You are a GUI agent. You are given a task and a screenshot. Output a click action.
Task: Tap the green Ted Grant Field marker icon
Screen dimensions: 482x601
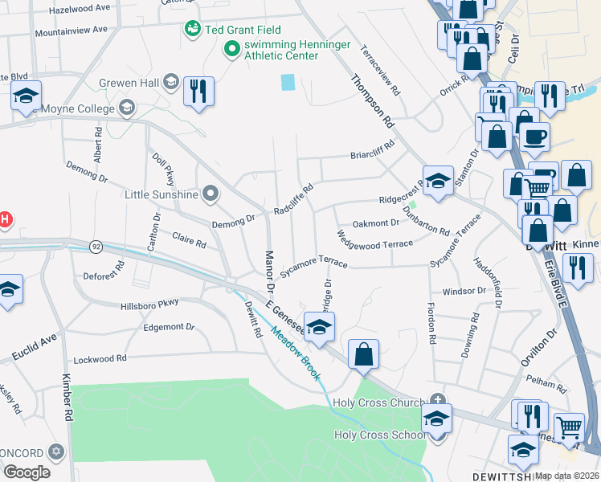[192, 30]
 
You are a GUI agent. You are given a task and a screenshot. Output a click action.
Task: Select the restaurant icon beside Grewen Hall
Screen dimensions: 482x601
[198, 91]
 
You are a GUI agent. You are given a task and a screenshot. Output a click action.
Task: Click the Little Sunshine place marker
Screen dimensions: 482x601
[211, 194]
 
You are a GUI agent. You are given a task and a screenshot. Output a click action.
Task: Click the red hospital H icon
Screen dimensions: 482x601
[4, 219]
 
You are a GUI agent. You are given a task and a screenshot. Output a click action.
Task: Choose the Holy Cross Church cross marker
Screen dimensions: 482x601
[437, 399]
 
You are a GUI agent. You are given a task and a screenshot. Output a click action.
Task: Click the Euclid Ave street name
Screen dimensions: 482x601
[35, 349]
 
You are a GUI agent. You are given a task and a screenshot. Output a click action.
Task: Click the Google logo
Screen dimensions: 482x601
[27, 472]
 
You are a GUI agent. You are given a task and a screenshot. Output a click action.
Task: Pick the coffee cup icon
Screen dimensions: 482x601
[534, 135]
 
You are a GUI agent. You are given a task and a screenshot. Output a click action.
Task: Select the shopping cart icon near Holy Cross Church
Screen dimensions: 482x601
[569, 428]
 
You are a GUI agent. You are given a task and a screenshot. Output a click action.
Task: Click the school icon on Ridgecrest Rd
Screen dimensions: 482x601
[438, 182]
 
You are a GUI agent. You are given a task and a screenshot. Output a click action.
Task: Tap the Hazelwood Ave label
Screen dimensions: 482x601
[80, 8]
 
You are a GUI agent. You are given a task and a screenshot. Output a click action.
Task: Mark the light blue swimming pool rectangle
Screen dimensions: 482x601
[288, 82]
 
